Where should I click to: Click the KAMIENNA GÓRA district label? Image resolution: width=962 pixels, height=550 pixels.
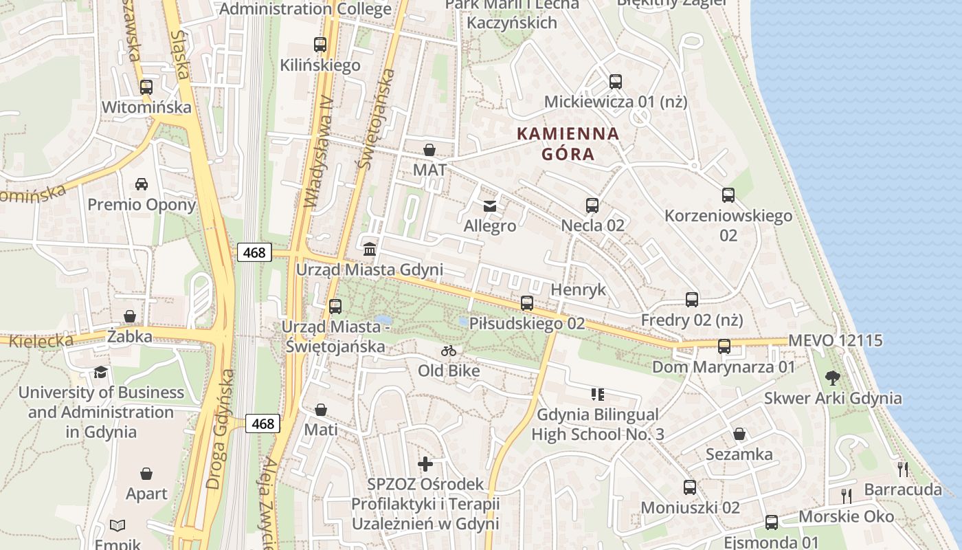[x=568, y=144]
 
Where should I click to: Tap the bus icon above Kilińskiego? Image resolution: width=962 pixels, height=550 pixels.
[x=320, y=45]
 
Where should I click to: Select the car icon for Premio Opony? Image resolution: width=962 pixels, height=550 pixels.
[x=142, y=184]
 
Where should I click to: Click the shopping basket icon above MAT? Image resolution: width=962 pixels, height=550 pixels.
[x=429, y=150]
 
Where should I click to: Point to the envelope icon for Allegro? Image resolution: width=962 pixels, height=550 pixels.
[x=490, y=206]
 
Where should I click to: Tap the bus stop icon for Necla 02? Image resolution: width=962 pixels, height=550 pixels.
[x=592, y=205]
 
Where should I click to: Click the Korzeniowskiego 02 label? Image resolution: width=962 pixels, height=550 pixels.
[x=728, y=225]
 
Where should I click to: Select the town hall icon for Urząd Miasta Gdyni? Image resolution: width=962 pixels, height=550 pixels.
[x=370, y=249]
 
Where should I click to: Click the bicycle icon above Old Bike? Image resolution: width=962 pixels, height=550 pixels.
[x=449, y=351]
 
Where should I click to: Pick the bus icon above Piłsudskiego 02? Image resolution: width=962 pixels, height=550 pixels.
[x=527, y=302]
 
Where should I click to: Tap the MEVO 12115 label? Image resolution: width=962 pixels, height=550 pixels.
[x=836, y=340]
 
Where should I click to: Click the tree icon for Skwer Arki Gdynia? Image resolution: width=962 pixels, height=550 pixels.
[x=833, y=377]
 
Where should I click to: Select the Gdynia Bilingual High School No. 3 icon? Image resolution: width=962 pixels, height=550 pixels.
[x=597, y=395]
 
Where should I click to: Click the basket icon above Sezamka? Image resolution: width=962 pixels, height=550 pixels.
[x=739, y=434]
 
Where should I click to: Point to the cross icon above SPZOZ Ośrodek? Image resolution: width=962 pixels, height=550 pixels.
[x=425, y=464]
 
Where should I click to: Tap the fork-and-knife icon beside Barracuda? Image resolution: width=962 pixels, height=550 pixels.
[x=903, y=470]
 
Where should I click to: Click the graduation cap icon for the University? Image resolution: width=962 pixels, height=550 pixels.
[x=101, y=372]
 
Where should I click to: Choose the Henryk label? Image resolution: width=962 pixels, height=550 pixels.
[x=579, y=289]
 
